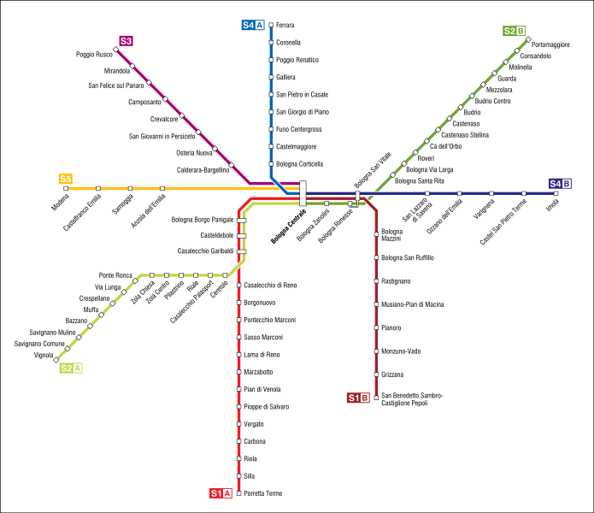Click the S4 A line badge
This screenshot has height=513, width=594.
point(253,26)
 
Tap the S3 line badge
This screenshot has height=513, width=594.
point(126,40)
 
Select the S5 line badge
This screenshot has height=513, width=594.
point(66,179)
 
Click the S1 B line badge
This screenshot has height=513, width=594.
point(358,398)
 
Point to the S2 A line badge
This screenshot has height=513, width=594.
point(71,368)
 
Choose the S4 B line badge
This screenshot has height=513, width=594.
point(560,184)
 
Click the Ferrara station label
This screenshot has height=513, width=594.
point(285,26)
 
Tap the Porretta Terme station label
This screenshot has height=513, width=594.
point(262,493)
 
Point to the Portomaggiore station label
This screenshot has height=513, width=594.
point(550,44)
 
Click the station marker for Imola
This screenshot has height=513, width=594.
point(556,194)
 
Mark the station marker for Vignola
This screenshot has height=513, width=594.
point(57,355)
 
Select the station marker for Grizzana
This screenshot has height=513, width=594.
point(376,374)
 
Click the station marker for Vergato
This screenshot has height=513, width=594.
point(238,424)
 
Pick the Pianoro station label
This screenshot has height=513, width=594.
point(392,327)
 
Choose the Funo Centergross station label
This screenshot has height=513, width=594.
point(299,129)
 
